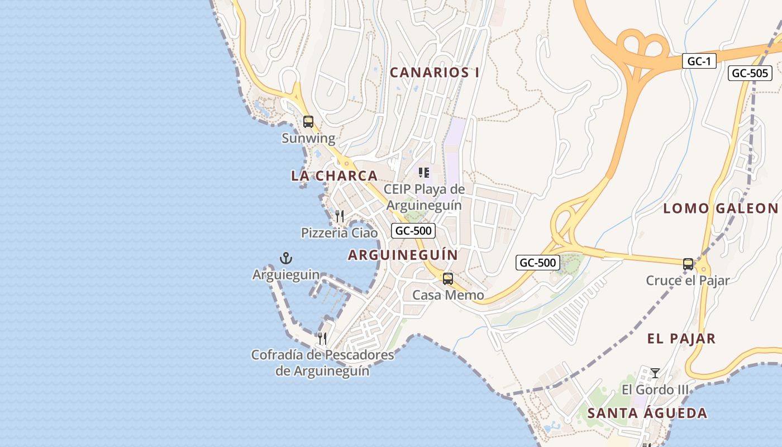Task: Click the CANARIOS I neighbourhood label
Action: click(x=435, y=73)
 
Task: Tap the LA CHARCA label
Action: click(x=334, y=176)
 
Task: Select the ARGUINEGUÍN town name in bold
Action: click(x=403, y=255)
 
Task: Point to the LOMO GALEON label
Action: click(x=720, y=209)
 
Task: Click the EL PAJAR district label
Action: click(x=681, y=339)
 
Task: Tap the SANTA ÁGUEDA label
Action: click(x=647, y=413)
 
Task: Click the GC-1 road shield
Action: click(x=699, y=61)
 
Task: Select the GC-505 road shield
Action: click(x=750, y=73)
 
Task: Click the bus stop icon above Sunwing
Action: click(x=308, y=121)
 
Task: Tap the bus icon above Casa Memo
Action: click(x=447, y=278)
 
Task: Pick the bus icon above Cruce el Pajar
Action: click(x=688, y=264)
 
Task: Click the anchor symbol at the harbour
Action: click(x=285, y=258)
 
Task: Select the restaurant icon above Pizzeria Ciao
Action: click(x=339, y=216)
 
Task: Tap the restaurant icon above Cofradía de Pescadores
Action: click(x=322, y=338)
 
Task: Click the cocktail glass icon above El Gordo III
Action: click(x=655, y=373)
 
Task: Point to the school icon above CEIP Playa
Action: click(x=423, y=173)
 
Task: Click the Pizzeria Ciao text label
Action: click(x=339, y=233)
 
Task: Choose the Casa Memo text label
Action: click(x=448, y=295)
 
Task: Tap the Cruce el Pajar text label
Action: click(x=688, y=280)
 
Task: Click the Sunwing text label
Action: click(x=308, y=139)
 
